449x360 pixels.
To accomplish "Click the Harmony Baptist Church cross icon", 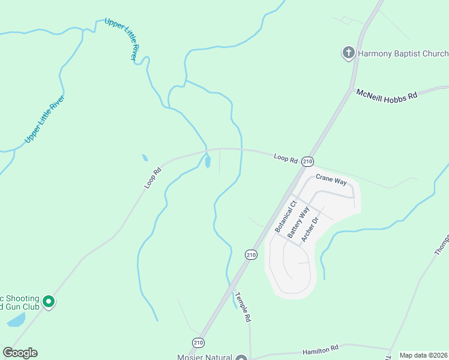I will [x=348, y=53].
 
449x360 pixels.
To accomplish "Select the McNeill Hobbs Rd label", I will [x=387, y=95].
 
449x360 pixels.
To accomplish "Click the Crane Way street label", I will [x=332, y=178].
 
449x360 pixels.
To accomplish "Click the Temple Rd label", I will [x=242, y=308].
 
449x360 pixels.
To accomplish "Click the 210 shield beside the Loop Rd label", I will [x=308, y=161].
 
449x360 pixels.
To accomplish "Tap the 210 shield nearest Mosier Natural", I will [x=198, y=342].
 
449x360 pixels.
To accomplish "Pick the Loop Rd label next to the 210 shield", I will [x=286, y=159].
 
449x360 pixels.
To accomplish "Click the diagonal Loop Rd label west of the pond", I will [x=153, y=178].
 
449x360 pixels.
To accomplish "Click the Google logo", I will [x=20, y=353].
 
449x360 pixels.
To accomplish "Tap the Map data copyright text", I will [x=423, y=355].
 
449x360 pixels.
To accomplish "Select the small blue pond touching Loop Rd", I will [x=208, y=161].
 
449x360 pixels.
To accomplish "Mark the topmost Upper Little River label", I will [x=127, y=39].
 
